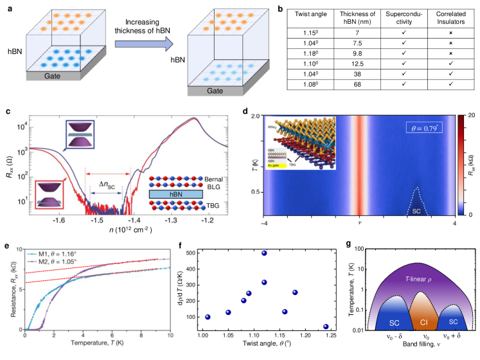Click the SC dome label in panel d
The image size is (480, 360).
416,210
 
